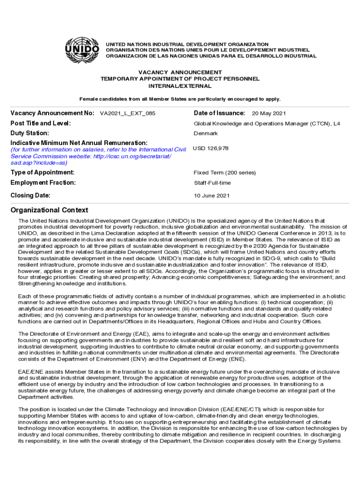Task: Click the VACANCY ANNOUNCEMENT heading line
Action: (180, 73)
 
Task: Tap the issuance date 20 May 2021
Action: (269, 114)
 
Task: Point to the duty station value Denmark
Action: (206, 134)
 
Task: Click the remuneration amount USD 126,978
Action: (211, 148)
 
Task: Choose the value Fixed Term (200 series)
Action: (225, 173)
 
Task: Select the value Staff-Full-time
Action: (212, 183)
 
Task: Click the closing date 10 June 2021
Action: (212, 196)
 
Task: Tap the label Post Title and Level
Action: (41, 123)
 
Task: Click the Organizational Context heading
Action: (49, 210)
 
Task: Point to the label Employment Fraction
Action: (43, 183)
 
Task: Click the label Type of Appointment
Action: (43, 173)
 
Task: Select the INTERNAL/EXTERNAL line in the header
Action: (180, 86)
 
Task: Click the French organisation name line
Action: (208, 50)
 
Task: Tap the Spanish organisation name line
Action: (211, 56)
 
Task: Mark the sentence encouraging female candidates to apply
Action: (180, 99)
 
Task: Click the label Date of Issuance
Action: (219, 113)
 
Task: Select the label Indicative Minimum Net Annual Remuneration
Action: (79, 143)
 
